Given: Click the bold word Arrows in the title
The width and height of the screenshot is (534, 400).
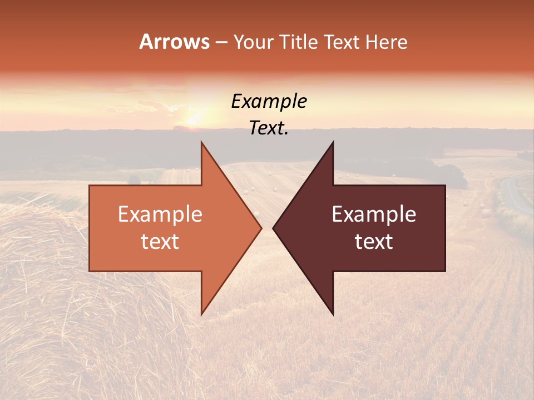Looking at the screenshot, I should click(174, 42).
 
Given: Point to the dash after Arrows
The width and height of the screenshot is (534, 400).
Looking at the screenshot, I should click(220, 42).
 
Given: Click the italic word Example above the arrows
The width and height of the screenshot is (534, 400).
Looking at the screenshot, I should click(269, 101).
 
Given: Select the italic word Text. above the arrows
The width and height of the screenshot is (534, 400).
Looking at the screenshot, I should click(269, 128).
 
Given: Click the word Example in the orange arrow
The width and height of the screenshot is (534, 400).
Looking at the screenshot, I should click(160, 214).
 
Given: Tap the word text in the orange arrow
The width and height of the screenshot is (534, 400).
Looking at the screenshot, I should click(160, 241).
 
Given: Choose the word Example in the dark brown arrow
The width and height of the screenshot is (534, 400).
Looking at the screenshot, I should click(374, 214).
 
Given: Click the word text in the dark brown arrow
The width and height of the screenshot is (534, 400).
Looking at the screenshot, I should click(374, 241).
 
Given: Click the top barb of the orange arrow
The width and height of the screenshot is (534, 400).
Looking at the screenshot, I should click(203, 146).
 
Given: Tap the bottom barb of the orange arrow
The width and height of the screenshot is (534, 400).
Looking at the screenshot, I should click(203, 311).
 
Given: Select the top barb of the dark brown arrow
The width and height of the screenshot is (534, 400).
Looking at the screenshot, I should click(332, 146).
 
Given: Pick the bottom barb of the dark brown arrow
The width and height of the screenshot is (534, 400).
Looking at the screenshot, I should click(332, 311).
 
